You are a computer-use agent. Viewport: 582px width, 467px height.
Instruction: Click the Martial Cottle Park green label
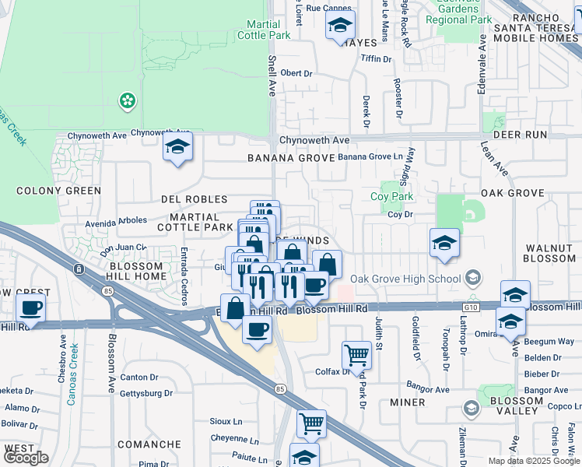click(x=263, y=30)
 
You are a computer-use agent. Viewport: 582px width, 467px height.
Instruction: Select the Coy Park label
click(x=391, y=197)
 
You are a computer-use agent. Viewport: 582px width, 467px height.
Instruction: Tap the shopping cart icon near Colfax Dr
click(x=356, y=355)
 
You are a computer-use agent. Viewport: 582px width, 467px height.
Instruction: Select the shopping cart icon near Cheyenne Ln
click(x=311, y=424)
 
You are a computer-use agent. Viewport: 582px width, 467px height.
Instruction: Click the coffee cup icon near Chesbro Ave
click(x=31, y=308)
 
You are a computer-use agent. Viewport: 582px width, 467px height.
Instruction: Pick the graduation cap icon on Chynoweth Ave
click(x=177, y=146)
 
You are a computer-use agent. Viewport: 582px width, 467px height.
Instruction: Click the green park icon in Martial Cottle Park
click(x=125, y=100)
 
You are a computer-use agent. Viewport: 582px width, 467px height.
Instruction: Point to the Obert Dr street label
click(x=296, y=73)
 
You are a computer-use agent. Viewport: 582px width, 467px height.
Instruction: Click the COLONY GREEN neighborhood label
click(x=58, y=191)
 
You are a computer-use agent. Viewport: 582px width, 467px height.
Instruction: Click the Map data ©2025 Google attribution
click(x=533, y=461)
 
